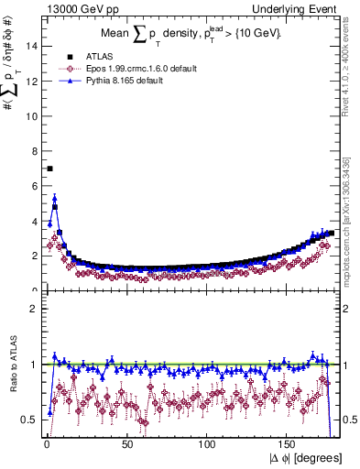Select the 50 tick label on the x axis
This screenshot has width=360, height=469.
coord(126,443)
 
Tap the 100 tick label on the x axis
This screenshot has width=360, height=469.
coord(207,443)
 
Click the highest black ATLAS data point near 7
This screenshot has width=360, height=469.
coord(50,169)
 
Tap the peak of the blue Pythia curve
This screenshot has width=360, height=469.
coord(55,198)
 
